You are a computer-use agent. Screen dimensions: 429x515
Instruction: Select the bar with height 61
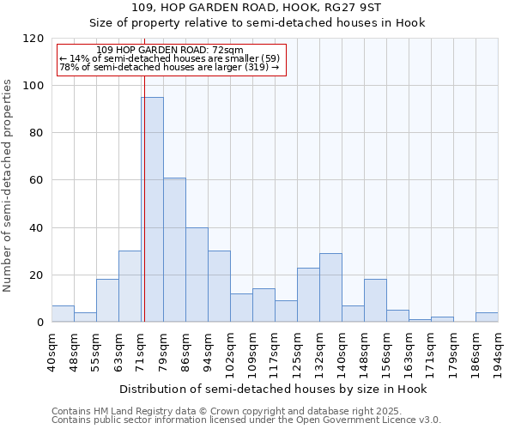pos(174,250)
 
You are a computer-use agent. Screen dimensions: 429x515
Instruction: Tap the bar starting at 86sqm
pos(197,275)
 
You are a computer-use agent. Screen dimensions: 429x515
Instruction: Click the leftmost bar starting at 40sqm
pos(63,314)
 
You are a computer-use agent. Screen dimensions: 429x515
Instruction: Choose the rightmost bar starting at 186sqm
pos(487,317)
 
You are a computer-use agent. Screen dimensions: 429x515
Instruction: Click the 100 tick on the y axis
pos(33,86)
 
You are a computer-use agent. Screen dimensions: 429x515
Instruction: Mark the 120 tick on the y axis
pos(33,39)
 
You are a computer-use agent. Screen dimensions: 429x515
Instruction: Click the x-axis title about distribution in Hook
pos(273,389)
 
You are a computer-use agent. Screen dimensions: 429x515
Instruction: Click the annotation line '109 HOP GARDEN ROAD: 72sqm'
pos(170,51)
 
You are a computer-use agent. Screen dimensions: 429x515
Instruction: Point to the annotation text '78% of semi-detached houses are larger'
pos(169,67)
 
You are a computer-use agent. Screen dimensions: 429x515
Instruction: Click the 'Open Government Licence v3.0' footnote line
pos(246,420)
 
